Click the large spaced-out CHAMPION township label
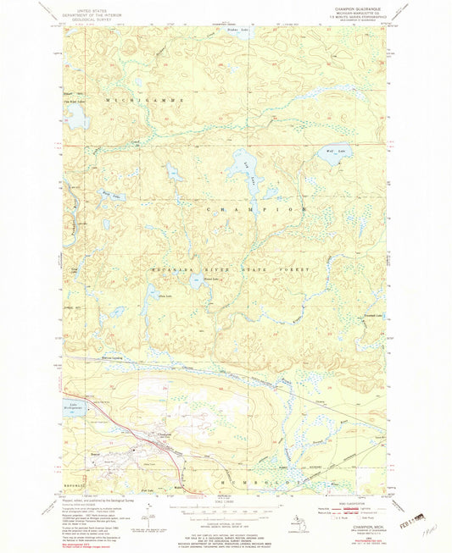click(x=255, y=207)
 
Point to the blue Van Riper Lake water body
click(x=75, y=118)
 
